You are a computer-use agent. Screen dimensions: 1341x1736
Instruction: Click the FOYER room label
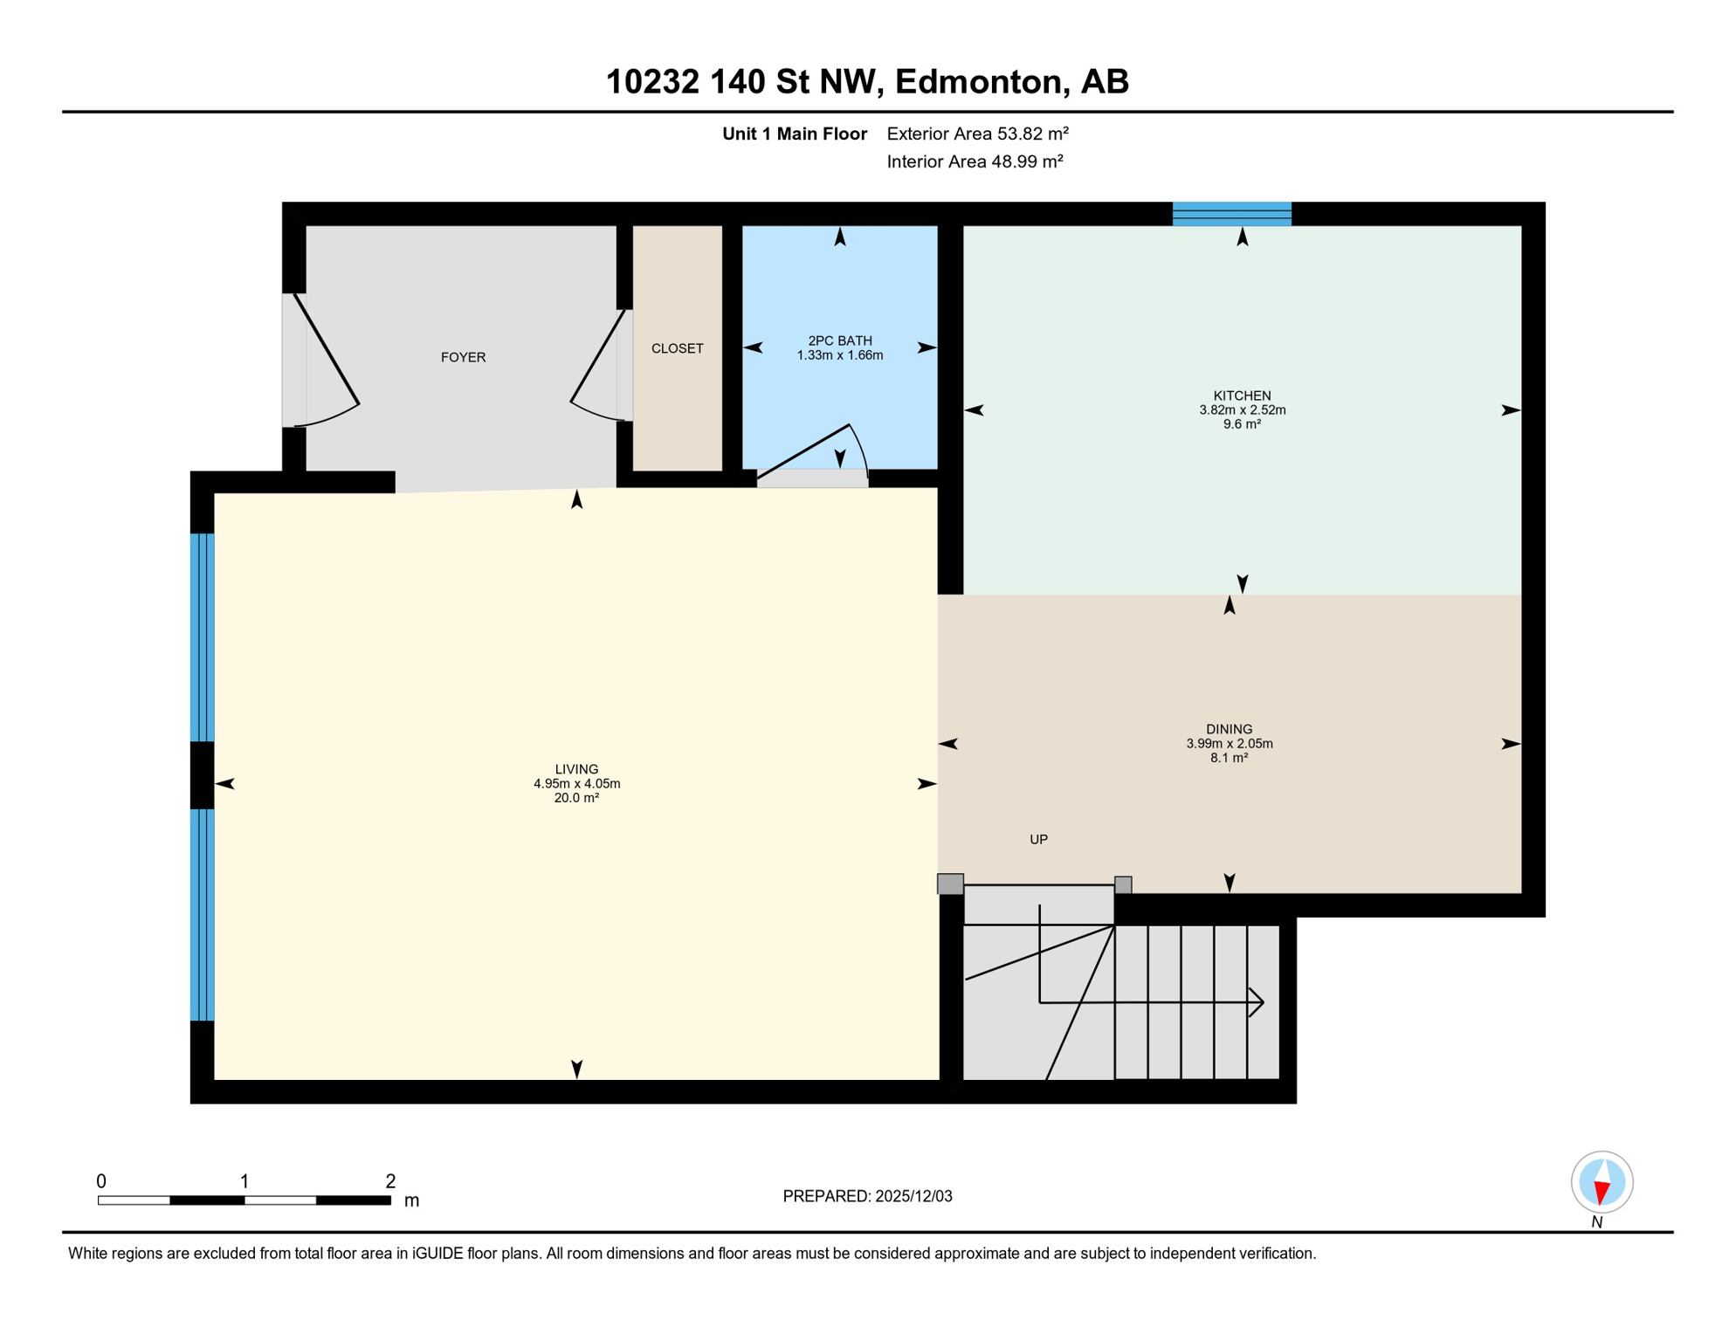pyautogui.click(x=463, y=357)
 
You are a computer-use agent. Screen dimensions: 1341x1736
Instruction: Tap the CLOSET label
pyautogui.click(x=677, y=348)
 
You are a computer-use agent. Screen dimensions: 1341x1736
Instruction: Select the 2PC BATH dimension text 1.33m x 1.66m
pyautogui.click(x=839, y=355)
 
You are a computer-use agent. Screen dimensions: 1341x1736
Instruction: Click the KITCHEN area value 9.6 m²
pyautogui.click(x=1241, y=424)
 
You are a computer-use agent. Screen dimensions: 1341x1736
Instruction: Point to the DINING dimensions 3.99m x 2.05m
pyautogui.click(x=1229, y=744)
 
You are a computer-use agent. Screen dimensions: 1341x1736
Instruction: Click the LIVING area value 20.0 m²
pyautogui.click(x=576, y=798)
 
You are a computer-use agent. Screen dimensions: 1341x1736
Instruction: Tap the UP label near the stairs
pyautogui.click(x=1038, y=839)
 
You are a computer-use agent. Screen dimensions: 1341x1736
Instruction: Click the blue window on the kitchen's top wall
pyautogui.click(x=1231, y=214)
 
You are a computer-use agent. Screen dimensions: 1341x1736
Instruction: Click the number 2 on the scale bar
pyautogui.click(x=390, y=1181)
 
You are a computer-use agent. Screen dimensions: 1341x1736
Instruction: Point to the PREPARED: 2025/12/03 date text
pyautogui.click(x=867, y=1196)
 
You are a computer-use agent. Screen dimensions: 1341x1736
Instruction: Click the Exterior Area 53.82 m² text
pyautogui.click(x=977, y=134)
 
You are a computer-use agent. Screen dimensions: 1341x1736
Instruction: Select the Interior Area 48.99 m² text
pyautogui.click(x=975, y=162)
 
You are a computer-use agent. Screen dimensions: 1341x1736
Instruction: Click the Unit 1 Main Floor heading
pyautogui.click(x=794, y=134)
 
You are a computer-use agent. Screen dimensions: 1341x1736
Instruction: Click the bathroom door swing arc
pyautogui.click(x=859, y=445)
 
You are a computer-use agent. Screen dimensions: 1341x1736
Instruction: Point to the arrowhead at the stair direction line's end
pyautogui.click(x=1257, y=1002)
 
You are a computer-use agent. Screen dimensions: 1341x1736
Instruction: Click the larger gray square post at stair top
pyautogui.click(x=950, y=884)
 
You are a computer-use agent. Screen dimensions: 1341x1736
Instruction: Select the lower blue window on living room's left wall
pyautogui.click(x=202, y=914)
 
